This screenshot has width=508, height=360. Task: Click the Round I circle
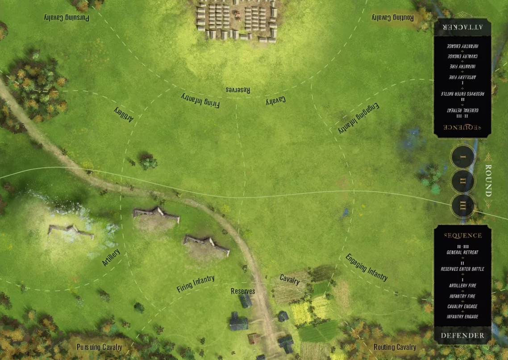(462, 157)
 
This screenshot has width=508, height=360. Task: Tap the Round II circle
(462, 181)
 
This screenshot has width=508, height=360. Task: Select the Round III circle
(462, 205)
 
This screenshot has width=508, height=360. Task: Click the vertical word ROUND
(488, 180)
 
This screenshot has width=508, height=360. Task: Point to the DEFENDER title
(462, 335)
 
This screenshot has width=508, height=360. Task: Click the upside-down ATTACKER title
(462, 27)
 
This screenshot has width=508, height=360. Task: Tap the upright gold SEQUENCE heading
(462, 235)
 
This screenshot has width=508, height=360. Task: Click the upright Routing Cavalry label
(395, 347)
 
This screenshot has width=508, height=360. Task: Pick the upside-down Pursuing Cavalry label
(67, 18)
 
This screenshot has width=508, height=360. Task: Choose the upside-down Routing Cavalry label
(393, 18)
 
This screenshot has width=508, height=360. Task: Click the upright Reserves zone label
(243, 291)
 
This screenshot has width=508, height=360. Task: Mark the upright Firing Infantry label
(196, 284)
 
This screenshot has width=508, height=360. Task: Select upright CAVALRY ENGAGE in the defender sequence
(462, 306)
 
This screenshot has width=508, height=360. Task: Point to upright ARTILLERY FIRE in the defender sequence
(462, 285)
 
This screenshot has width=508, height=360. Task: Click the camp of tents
(237, 20)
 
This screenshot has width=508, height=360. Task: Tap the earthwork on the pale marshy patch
(71, 231)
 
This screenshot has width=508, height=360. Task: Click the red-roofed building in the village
(254, 338)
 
